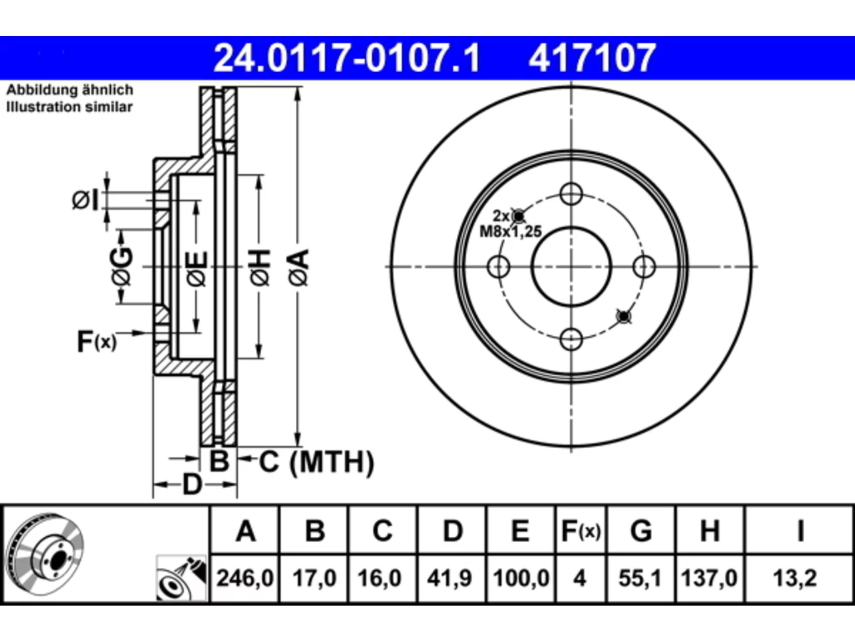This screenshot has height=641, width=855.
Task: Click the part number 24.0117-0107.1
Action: [x=347, y=58]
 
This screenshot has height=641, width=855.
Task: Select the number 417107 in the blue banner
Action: [x=592, y=58]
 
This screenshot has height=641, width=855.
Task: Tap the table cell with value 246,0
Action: [x=244, y=578]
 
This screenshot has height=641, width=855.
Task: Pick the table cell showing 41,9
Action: [x=451, y=578]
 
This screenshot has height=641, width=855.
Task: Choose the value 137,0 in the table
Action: [x=709, y=578]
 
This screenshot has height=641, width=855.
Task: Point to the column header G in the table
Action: [x=641, y=531]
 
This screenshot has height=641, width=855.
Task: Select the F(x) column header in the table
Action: [x=580, y=531]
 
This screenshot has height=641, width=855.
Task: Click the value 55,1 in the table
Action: [x=640, y=578]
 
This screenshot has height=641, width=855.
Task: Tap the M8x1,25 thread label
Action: [x=511, y=232]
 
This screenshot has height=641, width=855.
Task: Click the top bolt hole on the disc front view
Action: [x=571, y=194]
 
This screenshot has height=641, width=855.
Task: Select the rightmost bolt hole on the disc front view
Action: [x=645, y=266]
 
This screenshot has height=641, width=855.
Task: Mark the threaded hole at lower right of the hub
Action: [x=624, y=316]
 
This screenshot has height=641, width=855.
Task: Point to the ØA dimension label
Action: [x=299, y=268]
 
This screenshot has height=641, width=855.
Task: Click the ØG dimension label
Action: [x=122, y=266]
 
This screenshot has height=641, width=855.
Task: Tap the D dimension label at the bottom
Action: [x=192, y=485]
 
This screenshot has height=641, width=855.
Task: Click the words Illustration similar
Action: [x=69, y=107]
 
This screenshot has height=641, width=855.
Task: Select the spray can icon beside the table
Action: [x=181, y=578]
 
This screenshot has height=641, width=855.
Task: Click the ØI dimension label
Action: [x=85, y=200]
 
